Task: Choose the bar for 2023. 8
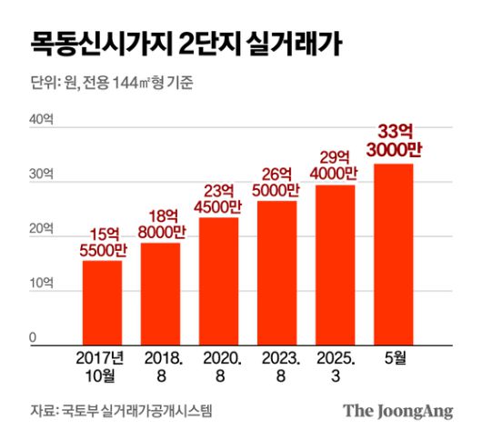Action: tap(276, 273)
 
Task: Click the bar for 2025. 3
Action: tap(335, 265)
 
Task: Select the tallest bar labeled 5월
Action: tap(394, 254)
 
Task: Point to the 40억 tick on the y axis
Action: tap(42, 120)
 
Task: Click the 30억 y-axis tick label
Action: tap(42, 175)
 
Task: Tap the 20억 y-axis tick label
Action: tap(42, 230)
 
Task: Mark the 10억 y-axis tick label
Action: tap(42, 285)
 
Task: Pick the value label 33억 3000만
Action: tap(394, 141)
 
